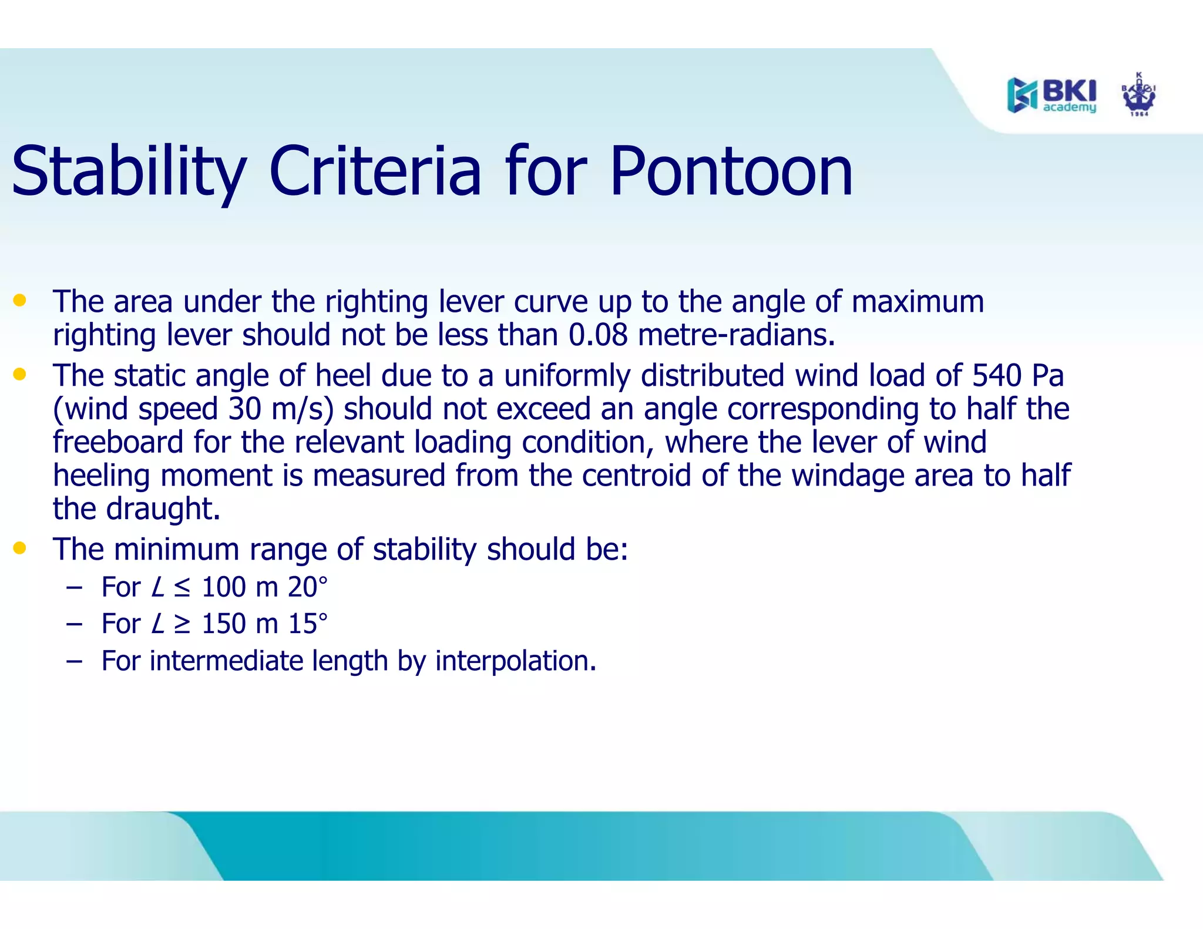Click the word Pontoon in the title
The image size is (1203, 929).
click(731, 171)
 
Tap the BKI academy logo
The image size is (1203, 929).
click(1051, 95)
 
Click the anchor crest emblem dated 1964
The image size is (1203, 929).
click(1139, 95)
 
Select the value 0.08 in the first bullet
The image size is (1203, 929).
click(597, 335)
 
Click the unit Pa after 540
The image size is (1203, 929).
click(1047, 376)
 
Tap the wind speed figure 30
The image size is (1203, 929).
click(244, 409)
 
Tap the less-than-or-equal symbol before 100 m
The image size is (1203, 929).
click(182, 588)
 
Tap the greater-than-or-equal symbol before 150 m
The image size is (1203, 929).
click(182, 624)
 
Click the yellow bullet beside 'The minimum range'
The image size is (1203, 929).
click(20, 548)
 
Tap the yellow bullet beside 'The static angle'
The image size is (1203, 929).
click(20, 374)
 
